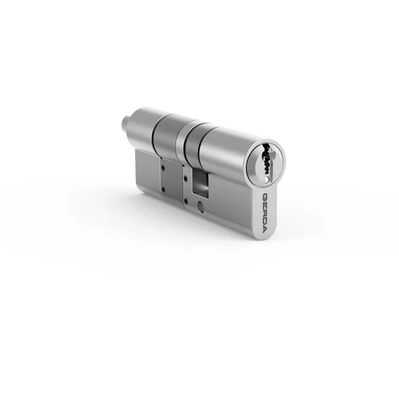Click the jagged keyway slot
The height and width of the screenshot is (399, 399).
267,162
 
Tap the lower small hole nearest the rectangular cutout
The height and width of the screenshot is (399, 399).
186,200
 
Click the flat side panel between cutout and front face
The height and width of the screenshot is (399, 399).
232,197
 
